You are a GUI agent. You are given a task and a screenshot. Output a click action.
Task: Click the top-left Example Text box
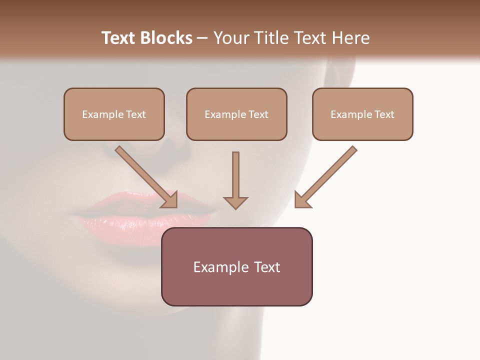coord(114,114)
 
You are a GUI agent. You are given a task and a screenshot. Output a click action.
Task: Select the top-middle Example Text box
coord(236,114)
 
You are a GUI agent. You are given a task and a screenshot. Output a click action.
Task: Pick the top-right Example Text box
coord(362,114)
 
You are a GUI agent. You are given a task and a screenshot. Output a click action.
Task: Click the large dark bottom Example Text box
coord(236,266)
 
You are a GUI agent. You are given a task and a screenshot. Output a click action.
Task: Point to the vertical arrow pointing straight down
coord(235,177)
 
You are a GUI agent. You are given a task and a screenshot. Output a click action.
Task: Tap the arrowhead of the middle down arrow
coord(235,202)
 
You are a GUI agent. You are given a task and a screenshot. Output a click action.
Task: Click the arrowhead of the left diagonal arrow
coord(170,199)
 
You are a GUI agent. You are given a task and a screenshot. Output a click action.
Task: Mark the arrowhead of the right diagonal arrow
coord(301,200)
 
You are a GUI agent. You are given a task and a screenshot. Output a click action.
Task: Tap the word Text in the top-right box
coord(384,114)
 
